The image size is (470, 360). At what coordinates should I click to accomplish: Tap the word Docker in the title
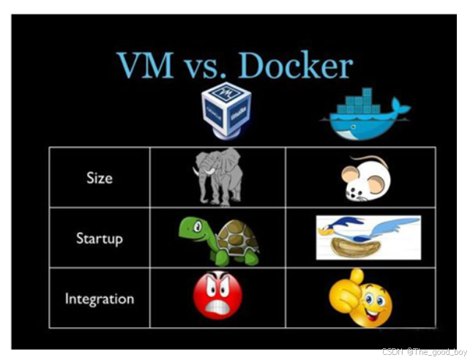click(296, 66)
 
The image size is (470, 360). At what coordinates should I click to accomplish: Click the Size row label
click(100, 178)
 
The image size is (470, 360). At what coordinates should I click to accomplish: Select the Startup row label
click(100, 239)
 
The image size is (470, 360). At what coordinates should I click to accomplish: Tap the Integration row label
click(100, 299)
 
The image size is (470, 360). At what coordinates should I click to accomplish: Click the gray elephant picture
click(217, 176)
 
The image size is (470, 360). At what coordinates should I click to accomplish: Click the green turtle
click(218, 239)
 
